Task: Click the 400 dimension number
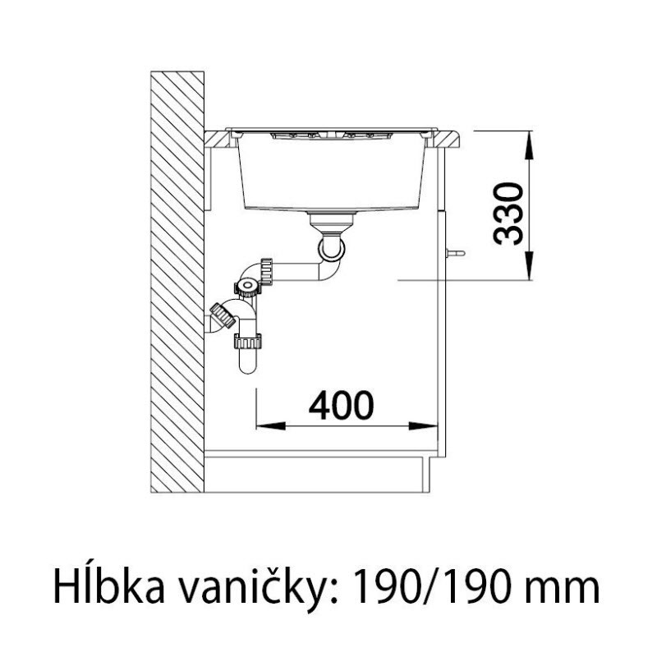[x=341, y=406]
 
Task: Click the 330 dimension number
[x=508, y=214]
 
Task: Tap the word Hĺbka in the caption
[x=109, y=587]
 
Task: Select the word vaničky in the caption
[x=258, y=587]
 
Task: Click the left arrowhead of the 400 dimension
[x=270, y=426]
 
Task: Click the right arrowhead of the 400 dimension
[x=423, y=426]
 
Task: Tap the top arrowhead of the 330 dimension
[x=530, y=145]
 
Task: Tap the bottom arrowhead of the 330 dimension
[x=530, y=265]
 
